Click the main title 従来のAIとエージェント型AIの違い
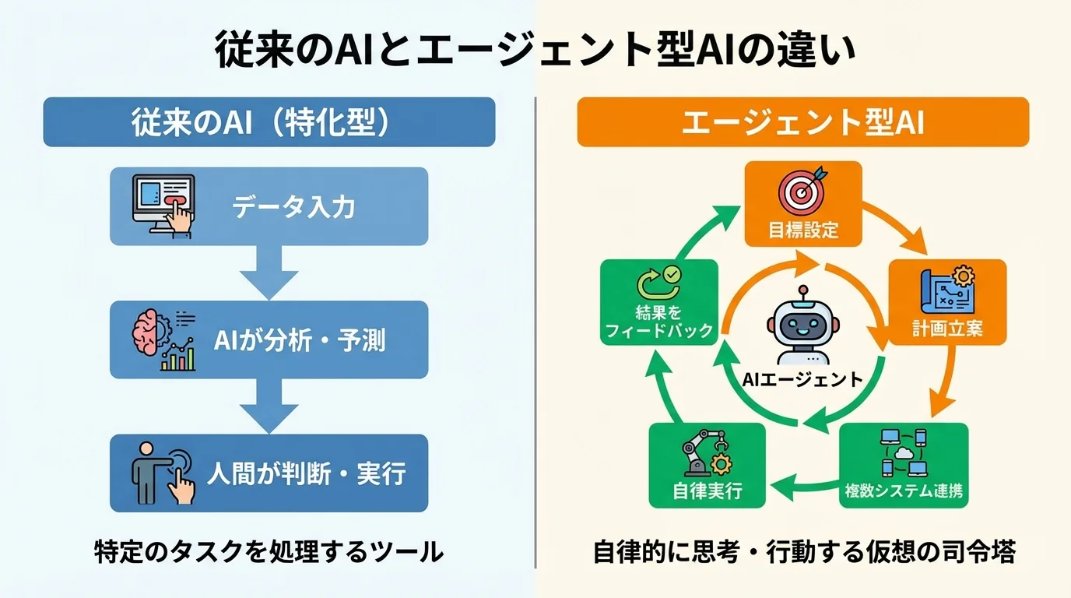pos(535,52)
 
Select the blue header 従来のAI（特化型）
pos(269,122)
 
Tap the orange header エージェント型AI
pos(802,122)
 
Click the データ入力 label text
pos(293,207)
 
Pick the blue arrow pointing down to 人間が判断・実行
pos(269,407)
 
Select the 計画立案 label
pos(947,329)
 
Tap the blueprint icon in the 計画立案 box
pos(946,290)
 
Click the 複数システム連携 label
pos(904,491)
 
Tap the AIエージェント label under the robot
pos(802,380)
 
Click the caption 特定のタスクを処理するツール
pos(269,552)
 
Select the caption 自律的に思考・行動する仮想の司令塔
pos(803,552)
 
